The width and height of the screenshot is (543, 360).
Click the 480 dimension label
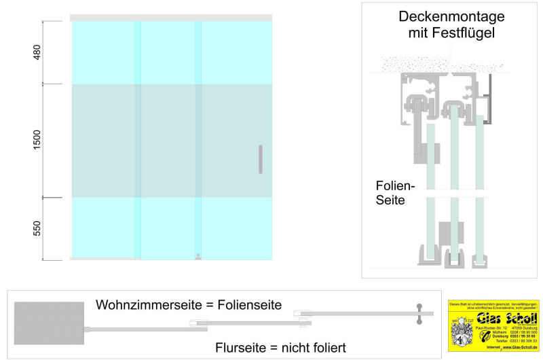click(x=37, y=52)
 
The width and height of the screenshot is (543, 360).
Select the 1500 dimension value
click(x=37, y=141)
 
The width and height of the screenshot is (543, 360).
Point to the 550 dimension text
click(x=37, y=228)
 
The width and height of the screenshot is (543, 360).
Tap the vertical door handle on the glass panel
click(x=260, y=158)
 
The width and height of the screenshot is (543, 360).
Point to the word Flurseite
click(x=240, y=347)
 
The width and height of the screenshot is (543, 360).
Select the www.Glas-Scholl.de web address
click(x=519, y=347)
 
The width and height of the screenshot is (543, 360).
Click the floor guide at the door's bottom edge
click(x=197, y=257)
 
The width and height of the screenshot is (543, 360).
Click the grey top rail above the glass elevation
click(x=170, y=17)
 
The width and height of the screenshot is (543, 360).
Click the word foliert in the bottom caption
click(x=324, y=347)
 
